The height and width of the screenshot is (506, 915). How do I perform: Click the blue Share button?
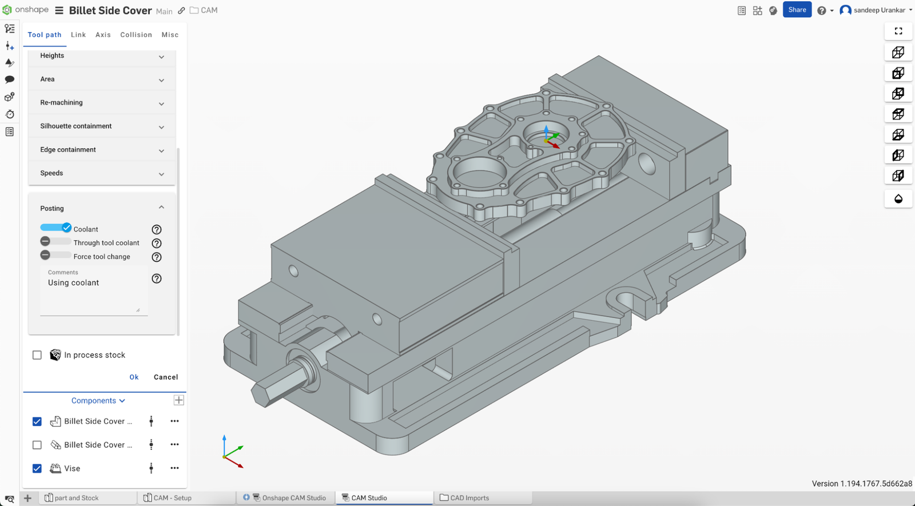click(797, 10)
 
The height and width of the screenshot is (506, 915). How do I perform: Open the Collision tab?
click(136, 35)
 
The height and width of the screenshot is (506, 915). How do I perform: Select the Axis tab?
click(103, 35)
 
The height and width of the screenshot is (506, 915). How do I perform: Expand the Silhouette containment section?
click(101, 126)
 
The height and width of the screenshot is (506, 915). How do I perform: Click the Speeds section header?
click(101, 173)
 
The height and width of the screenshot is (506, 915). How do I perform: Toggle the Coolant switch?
click(55, 228)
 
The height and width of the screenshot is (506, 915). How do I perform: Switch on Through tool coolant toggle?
click(55, 242)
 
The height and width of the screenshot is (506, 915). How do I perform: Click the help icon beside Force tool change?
click(157, 257)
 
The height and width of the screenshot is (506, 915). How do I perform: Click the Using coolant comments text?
click(73, 283)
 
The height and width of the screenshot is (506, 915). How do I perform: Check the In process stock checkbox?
click(37, 355)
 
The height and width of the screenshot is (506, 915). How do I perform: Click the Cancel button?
click(166, 377)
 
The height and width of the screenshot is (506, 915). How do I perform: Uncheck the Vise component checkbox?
click(37, 468)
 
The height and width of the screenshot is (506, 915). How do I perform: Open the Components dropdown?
click(98, 401)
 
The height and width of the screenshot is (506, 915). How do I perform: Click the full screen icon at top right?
click(898, 31)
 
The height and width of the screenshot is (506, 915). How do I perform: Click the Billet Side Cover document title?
click(110, 10)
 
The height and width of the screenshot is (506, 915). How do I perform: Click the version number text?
click(862, 484)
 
